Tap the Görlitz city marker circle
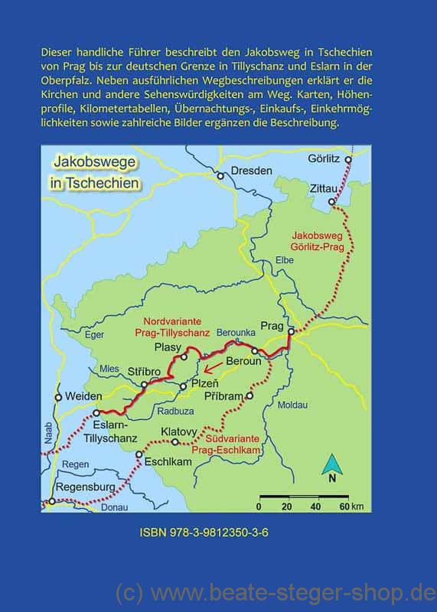(349, 160)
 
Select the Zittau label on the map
(327, 187)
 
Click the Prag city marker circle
(291, 332)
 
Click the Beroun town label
(244, 360)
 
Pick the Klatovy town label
(180, 431)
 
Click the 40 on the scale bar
(315, 506)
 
